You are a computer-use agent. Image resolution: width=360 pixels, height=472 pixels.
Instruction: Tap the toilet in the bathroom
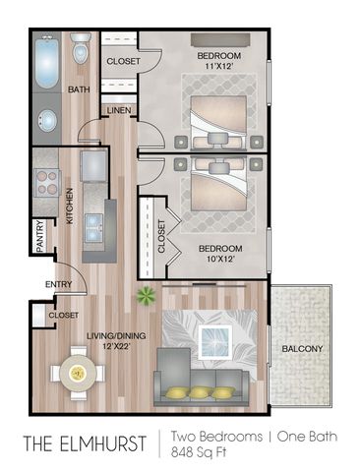tap(81, 48)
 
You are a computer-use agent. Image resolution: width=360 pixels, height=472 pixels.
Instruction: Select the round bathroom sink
tap(47, 121)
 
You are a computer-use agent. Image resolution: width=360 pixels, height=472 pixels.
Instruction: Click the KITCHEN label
tap(70, 206)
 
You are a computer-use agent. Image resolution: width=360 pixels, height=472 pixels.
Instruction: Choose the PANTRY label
tap(38, 237)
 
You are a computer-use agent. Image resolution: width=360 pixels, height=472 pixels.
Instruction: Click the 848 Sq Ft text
tap(193, 451)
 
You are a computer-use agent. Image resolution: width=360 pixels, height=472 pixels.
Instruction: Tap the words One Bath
tap(295, 433)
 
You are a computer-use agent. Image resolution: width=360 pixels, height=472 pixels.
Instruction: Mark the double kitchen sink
tap(96, 226)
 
